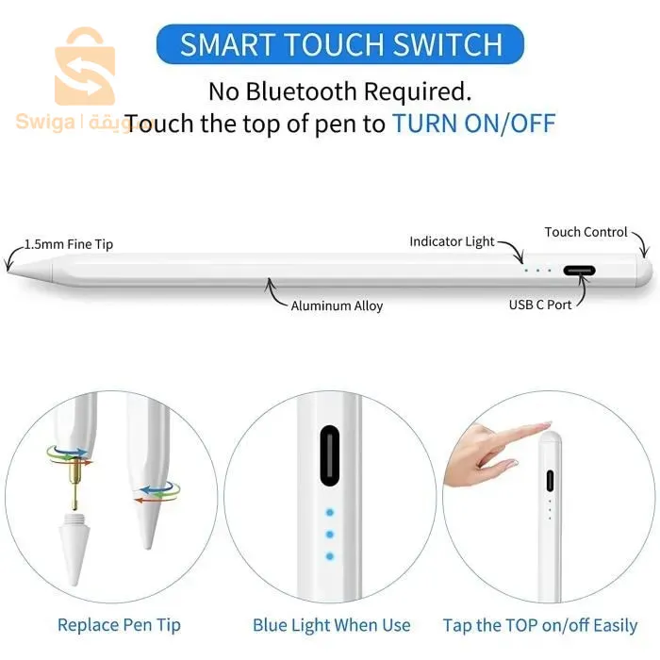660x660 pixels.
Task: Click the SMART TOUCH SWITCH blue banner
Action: [x=340, y=44]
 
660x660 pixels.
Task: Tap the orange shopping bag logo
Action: [x=85, y=68]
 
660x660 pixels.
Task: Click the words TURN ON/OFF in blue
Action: [x=473, y=124]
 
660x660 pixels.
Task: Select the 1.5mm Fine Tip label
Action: [x=68, y=244]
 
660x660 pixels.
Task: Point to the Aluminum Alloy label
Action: [x=337, y=305]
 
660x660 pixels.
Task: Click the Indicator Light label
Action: [x=452, y=241]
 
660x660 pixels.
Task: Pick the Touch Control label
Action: [x=586, y=232]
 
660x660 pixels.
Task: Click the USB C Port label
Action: [x=540, y=305]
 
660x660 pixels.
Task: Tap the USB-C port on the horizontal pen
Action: [x=579, y=271]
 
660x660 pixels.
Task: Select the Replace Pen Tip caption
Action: [x=119, y=624]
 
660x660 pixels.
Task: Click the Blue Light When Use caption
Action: [x=331, y=624]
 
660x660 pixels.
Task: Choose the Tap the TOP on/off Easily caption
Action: [x=539, y=624]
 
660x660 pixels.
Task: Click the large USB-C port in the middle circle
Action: [x=329, y=456]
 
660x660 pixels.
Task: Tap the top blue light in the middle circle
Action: [x=329, y=514]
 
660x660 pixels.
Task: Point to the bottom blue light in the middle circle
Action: [x=329, y=556]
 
